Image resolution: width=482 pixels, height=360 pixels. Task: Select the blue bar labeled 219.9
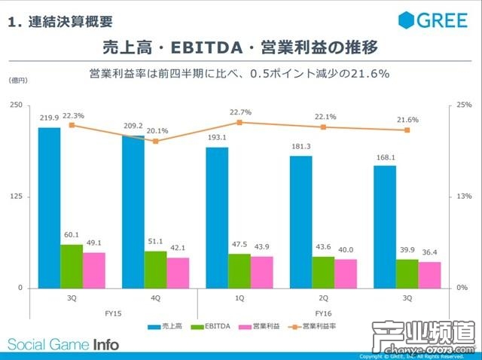point(50,207)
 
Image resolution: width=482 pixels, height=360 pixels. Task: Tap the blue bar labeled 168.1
point(384,227)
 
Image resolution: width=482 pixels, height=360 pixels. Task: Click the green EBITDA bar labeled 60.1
point(72,266)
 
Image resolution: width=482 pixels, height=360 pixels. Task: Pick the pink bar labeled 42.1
point(178,273)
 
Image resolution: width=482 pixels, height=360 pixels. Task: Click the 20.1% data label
point(157,130)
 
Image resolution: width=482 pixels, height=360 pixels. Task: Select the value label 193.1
point(217,138)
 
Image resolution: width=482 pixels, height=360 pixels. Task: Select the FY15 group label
point(113,312)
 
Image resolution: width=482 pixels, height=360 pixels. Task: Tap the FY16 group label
point(322,312)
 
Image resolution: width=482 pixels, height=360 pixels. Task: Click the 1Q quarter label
point(239,298)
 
